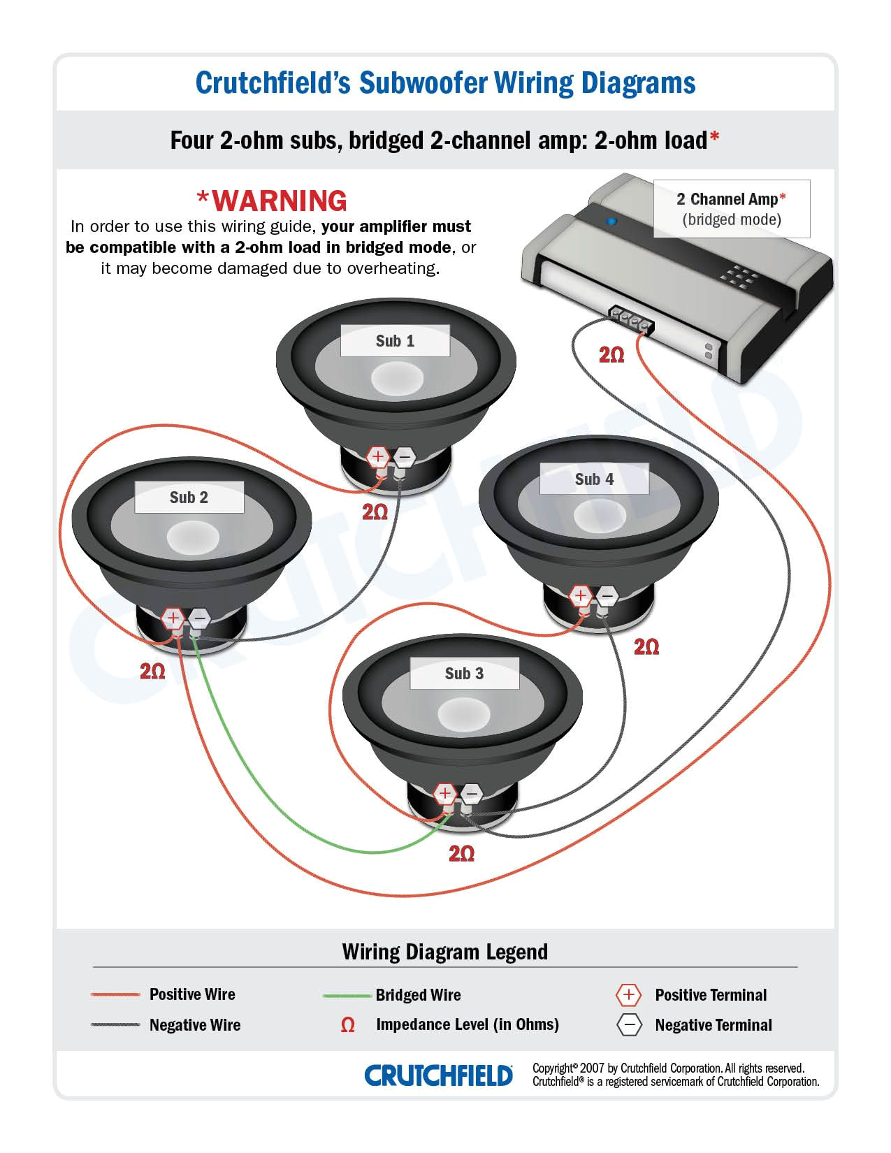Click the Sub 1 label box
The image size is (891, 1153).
click(x=395, y=341)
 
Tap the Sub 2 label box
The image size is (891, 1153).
click(x=189, y=498)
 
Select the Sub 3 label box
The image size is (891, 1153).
click(x=464, y=674)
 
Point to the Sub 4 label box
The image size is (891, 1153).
click(x=594, y=479)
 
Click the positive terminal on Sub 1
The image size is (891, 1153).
click(x=378, y=458)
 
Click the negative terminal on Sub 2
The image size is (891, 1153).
click(x=199, y=618)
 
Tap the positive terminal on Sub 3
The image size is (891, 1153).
click(x=445, y=794)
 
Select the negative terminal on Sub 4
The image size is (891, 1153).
click(x=607, y=596)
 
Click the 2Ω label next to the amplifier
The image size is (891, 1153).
click(x=611, y=356)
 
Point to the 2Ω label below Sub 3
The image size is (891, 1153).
click(x=462, y=854)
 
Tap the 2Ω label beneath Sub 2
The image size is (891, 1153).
click(x=152, y=672)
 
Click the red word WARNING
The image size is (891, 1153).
click(x=272, y=201)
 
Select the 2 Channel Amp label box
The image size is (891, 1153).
click(x=731, y=208)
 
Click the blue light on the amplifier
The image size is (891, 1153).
click(x=612, y=222)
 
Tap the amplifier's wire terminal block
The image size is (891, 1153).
click(x=631, y=321)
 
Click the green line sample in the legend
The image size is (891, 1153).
click(x=347, y=995)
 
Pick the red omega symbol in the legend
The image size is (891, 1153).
click(x=347, y=1025)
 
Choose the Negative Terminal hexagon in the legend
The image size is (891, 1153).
click(x=629, y=1025)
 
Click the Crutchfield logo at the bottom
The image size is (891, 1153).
click(x=438, y=1075)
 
